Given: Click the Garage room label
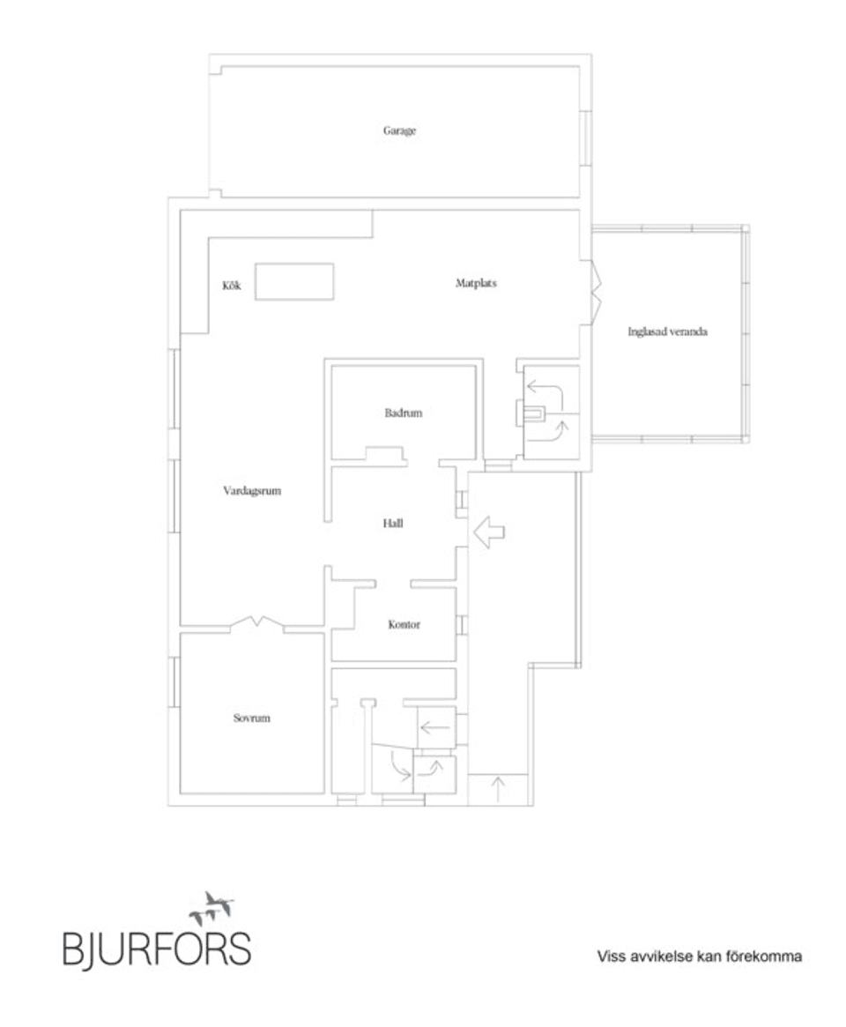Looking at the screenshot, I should click(399, 130).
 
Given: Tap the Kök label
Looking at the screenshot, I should click(232, 285).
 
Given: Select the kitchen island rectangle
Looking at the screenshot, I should click(294, 281).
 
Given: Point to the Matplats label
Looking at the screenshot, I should click(477, 283).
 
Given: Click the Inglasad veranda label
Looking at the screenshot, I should click(668, 332).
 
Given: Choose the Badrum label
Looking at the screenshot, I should click(403, 412).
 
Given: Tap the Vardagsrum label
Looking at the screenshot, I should click(252, 491).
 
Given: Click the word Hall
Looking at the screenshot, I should click(393, 523).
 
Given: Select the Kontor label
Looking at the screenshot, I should click(404, 624).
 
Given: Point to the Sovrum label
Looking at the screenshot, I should click(251, 718).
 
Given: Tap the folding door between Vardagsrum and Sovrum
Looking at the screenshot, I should click(257, 623).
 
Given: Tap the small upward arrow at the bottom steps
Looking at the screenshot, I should click(499, 787).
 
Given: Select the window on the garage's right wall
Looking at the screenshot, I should click(586, 138).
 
